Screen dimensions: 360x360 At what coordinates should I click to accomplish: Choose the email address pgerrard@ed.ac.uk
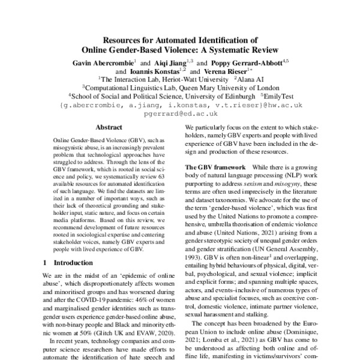click(180, 112)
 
